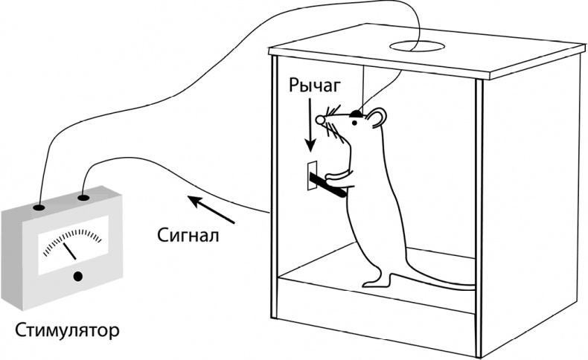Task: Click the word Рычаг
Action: [x=315, y=87]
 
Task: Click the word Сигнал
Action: [x=188, y=236]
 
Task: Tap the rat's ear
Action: [x=377, y=117]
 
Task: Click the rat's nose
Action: [x=320, y=120]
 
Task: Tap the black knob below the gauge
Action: [x=77, y=278]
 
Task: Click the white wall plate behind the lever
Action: [x=312, y=173]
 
